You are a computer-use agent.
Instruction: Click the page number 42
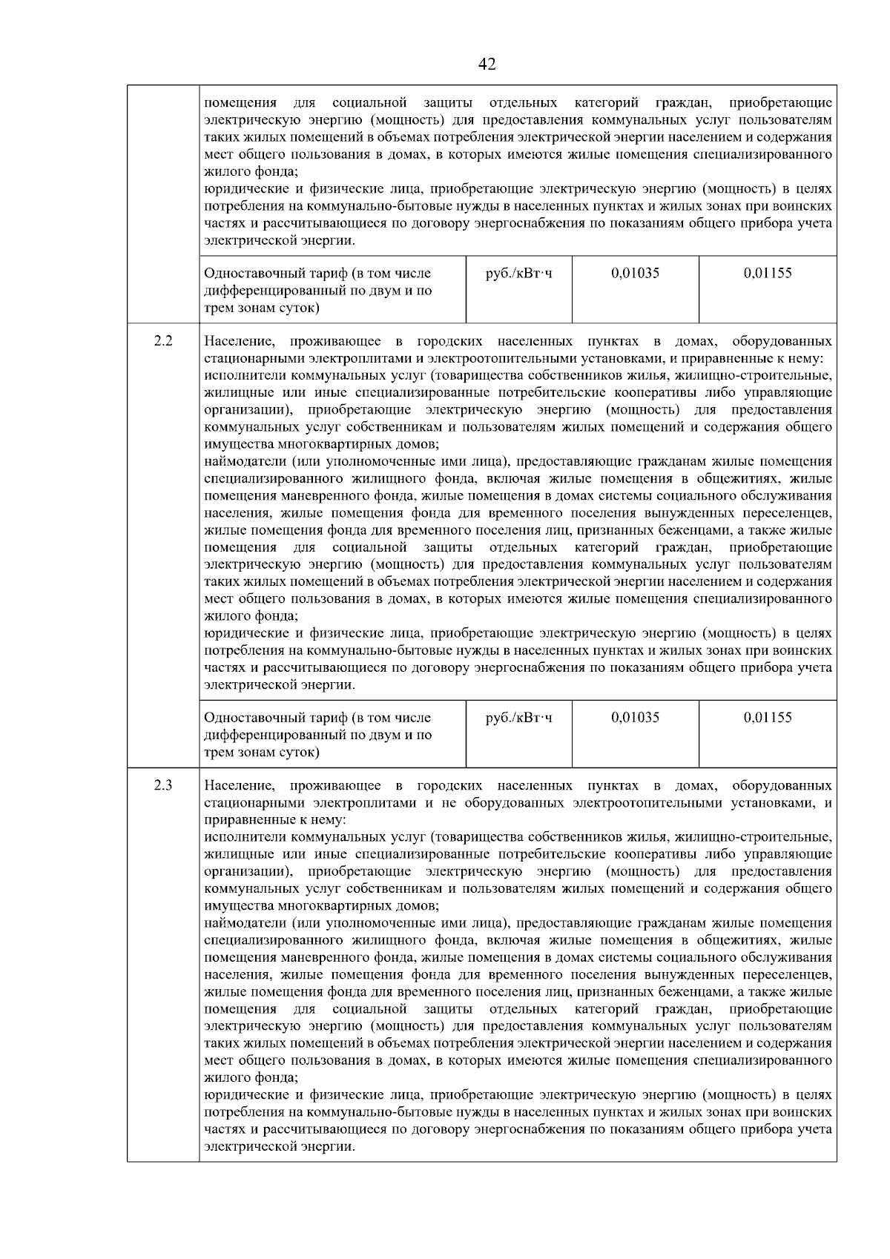click(487, 65)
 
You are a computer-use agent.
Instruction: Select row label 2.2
click(163, 341)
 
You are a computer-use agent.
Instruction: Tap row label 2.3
click(163, 785)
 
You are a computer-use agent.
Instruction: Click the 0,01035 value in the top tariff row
click(635, 273)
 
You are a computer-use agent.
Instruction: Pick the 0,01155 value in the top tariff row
click(768, 273)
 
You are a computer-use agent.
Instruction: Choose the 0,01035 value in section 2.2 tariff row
click(635, 717)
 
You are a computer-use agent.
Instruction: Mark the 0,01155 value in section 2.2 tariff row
click(768, 717)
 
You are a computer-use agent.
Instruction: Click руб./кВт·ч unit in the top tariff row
click(518, 273)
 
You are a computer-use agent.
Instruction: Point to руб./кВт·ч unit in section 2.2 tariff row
click(518, 717)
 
